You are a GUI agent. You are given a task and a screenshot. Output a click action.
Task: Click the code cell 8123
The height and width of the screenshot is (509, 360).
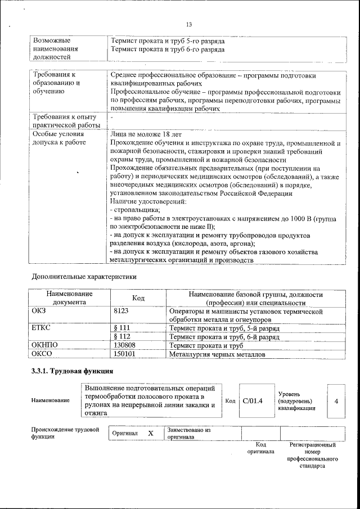(x=121, y=310)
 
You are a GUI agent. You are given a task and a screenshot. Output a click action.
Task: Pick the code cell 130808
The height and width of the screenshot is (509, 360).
(x=125, y=345)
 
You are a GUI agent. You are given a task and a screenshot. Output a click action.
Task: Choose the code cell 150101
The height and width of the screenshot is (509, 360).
(x=125, y=354)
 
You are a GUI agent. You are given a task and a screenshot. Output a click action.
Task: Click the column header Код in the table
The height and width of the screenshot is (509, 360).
(x=138, y=298)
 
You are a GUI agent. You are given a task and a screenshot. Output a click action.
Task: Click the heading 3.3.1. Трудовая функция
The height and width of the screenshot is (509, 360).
(x=72, y=371)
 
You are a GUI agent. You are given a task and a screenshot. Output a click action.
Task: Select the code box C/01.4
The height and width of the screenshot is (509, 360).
(x=253, y=400)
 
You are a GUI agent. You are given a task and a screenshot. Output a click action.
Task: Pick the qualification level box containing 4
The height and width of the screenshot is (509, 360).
(x=336, y=401)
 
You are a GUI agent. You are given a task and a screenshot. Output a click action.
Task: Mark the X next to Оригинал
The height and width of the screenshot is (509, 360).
(x=151, y=434)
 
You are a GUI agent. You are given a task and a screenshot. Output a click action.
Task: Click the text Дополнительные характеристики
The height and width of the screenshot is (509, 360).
(x=84, y=277)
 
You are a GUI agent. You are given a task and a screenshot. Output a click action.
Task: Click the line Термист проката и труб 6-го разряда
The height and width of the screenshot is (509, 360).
(x=168, y=49)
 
